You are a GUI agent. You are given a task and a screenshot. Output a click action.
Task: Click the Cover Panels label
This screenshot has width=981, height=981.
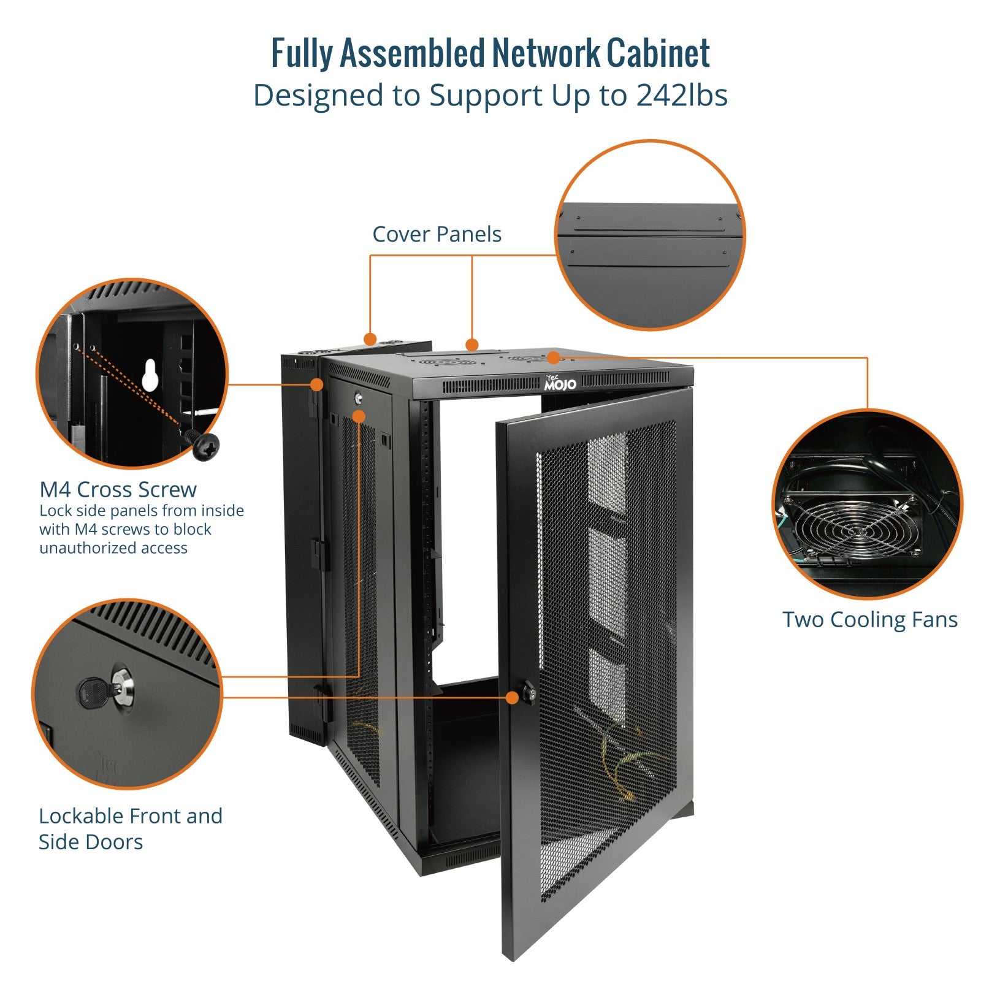click(437, 234)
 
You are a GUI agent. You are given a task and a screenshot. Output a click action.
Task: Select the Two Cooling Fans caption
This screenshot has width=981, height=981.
click(869, 619)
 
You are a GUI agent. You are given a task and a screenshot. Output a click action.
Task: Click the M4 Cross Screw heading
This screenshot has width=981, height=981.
click(118, 489)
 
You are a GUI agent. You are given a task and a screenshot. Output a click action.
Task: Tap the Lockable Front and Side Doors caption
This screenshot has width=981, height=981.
click(130, 828)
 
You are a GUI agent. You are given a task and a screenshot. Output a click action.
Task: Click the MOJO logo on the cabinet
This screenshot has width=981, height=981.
click(560, 384)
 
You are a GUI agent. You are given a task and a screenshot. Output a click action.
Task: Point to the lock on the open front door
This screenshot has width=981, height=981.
click(528, 694)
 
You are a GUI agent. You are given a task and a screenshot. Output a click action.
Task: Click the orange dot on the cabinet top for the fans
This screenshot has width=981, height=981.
click(553, 357)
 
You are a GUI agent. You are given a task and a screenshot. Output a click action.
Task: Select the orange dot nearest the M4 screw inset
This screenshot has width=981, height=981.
click(316, 384)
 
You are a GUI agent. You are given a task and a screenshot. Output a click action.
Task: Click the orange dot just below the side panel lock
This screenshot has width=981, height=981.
click(359, 416)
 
